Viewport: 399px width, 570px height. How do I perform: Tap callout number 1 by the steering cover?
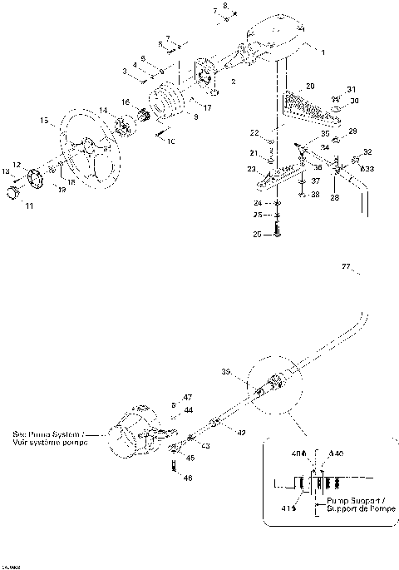point(323,52)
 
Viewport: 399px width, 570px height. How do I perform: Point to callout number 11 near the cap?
point(29,206)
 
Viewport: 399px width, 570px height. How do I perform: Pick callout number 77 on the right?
point(347,267)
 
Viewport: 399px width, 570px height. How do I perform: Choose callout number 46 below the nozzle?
point(187,478)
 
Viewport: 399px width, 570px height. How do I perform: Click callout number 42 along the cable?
point(241,434)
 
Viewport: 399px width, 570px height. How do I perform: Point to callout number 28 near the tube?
point(336,198)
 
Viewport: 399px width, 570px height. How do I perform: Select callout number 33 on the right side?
point(370,168)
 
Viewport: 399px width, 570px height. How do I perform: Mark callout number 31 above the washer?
point(351,89)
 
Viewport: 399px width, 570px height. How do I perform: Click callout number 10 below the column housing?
point(171,142)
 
